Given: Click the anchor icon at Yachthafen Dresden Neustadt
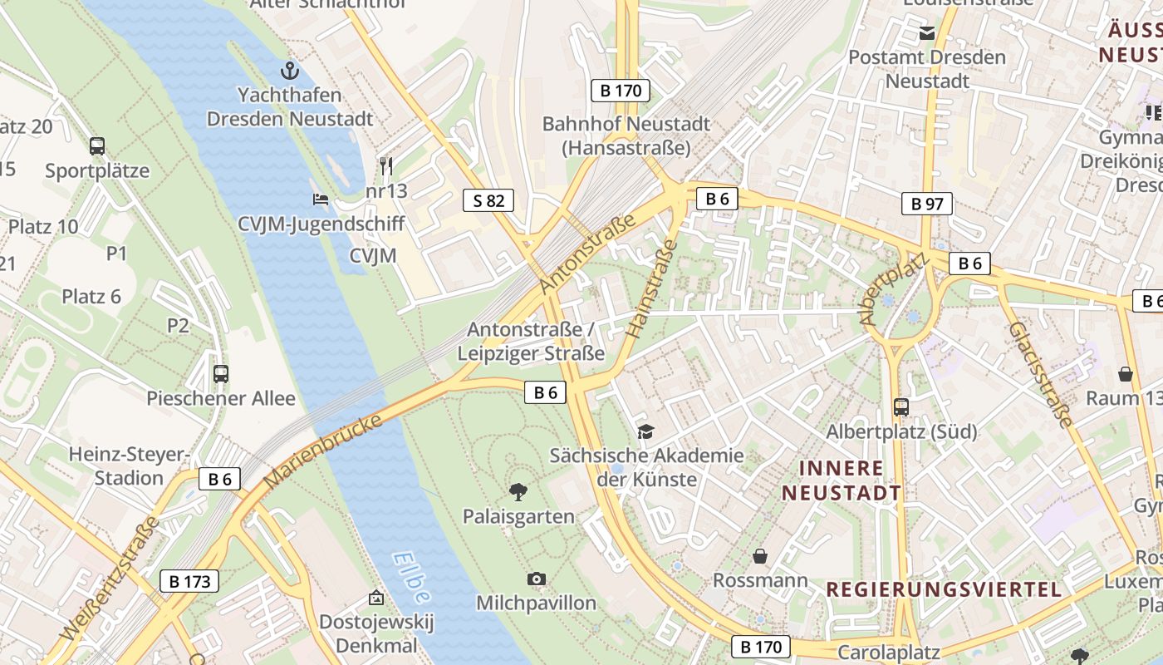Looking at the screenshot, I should coord(290,70).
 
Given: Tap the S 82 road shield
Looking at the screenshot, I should coord(488,200).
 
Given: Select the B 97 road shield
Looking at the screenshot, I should coord(926,204).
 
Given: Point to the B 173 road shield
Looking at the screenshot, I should coord(189,581).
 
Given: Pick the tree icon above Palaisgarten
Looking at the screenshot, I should coord(518,491).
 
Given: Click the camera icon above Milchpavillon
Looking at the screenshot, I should coord(537,579).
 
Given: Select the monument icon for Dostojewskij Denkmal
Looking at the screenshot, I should coord(376,598).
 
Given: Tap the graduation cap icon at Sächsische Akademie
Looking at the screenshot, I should coord(645,431).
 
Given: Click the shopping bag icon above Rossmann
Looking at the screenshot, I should coord(759,555).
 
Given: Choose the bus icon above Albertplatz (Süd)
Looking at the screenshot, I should coord(901,406).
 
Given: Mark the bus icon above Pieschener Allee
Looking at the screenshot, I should coord(221,373).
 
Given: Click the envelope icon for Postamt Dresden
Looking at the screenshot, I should coord(926,33).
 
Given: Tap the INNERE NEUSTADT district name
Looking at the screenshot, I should coord(841,480).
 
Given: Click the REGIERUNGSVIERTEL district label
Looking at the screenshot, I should coord(944,589).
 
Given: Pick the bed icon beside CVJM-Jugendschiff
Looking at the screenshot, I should coord(320,199).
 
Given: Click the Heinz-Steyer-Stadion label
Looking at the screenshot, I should coord(129,465).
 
